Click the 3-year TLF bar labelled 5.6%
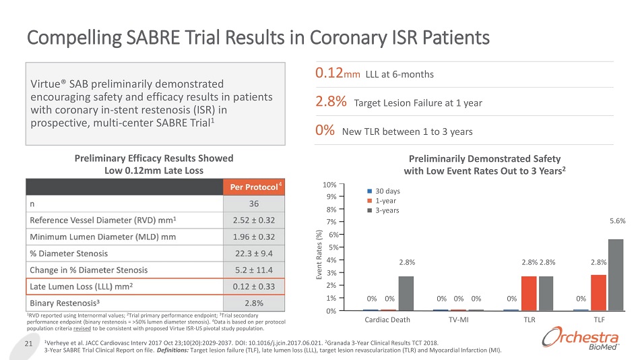(x=616, y=275)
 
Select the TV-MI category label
(x=458, y=320)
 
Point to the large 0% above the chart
(x=325, y=130)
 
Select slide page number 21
(x=28, y=345)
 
